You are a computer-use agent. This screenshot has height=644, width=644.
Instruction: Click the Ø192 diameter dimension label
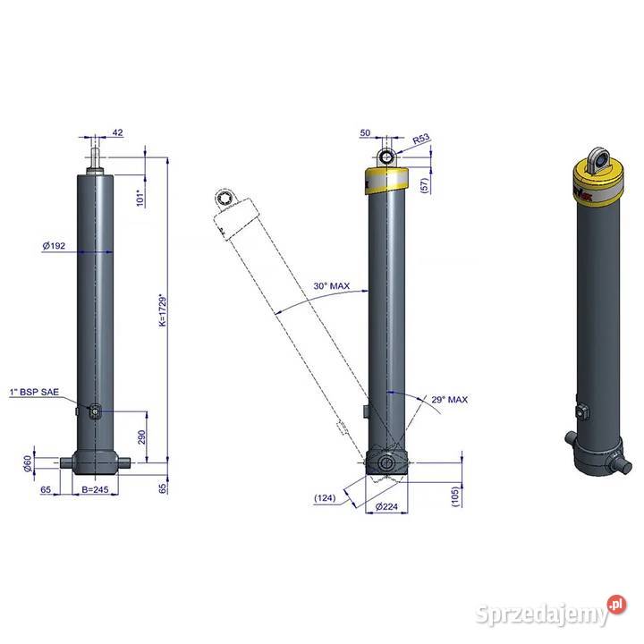click(x=55, y=244)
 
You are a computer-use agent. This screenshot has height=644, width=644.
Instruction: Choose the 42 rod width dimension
click(x=117, y=132)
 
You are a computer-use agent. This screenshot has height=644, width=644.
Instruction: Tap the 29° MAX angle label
click(x=449, y=400)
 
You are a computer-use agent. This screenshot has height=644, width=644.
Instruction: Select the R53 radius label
click(x=421, y=140)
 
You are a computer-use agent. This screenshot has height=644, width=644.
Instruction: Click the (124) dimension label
click(x=326, y=498)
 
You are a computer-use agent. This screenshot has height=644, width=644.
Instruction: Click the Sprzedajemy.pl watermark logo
click(x=555, y=613)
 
